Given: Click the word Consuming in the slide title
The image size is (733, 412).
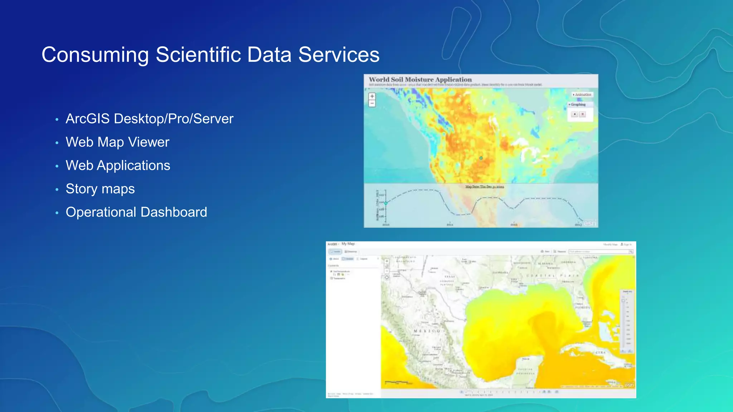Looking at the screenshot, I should point(95,55).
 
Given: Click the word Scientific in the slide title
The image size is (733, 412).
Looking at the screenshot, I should point(198,55).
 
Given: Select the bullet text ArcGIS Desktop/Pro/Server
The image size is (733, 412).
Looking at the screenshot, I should point(149,119).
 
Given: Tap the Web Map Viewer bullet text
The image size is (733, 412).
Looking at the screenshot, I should point(117,142).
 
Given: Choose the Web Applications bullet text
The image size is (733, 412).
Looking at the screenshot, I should point(118,166).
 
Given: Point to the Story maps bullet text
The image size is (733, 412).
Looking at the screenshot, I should point(100,189).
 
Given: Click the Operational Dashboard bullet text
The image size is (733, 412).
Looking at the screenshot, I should point(136,212).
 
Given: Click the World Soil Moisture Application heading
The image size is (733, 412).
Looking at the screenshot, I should point(420,79).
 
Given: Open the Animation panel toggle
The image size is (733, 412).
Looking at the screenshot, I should point(582,95).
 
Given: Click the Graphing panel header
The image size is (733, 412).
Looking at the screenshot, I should point(578,104).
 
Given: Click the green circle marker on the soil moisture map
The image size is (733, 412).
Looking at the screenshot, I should point(481,158).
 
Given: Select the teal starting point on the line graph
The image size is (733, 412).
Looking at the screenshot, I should point(386,203).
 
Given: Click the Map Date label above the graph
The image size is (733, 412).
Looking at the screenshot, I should point(485,187).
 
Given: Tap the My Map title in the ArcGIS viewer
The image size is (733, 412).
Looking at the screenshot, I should point(348,244).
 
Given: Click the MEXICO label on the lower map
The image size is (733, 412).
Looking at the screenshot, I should point(427,331).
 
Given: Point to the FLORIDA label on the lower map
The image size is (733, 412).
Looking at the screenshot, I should point(583,307).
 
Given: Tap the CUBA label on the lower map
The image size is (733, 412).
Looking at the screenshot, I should point(601,353).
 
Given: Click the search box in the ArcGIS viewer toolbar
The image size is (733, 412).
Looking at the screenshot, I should point(599,252).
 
